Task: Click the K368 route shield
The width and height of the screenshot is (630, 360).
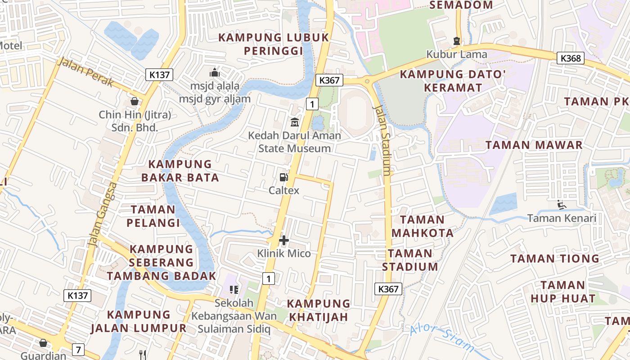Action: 571,58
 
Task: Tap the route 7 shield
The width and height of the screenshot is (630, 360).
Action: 78,349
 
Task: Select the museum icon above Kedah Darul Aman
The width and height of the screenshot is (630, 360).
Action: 294,122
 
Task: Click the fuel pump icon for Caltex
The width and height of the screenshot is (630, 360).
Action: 283,178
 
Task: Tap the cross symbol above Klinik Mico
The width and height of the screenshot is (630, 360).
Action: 284,240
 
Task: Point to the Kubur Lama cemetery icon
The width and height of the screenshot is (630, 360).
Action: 457,41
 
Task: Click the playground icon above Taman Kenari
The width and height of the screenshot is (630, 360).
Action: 561,205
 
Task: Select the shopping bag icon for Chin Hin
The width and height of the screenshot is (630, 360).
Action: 134,101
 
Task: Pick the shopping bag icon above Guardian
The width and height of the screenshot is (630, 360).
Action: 43,343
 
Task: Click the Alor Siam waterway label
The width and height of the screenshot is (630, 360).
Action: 442,337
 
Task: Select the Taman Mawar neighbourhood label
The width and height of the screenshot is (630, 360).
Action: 534,145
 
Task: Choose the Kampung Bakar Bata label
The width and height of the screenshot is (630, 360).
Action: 180,171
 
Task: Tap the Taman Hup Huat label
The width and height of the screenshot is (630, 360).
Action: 562,292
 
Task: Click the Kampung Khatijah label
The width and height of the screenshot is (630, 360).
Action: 319,310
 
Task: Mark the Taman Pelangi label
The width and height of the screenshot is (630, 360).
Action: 153,216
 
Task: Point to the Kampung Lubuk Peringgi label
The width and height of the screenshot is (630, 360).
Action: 274,44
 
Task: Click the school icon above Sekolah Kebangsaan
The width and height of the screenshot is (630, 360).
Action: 234,289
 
